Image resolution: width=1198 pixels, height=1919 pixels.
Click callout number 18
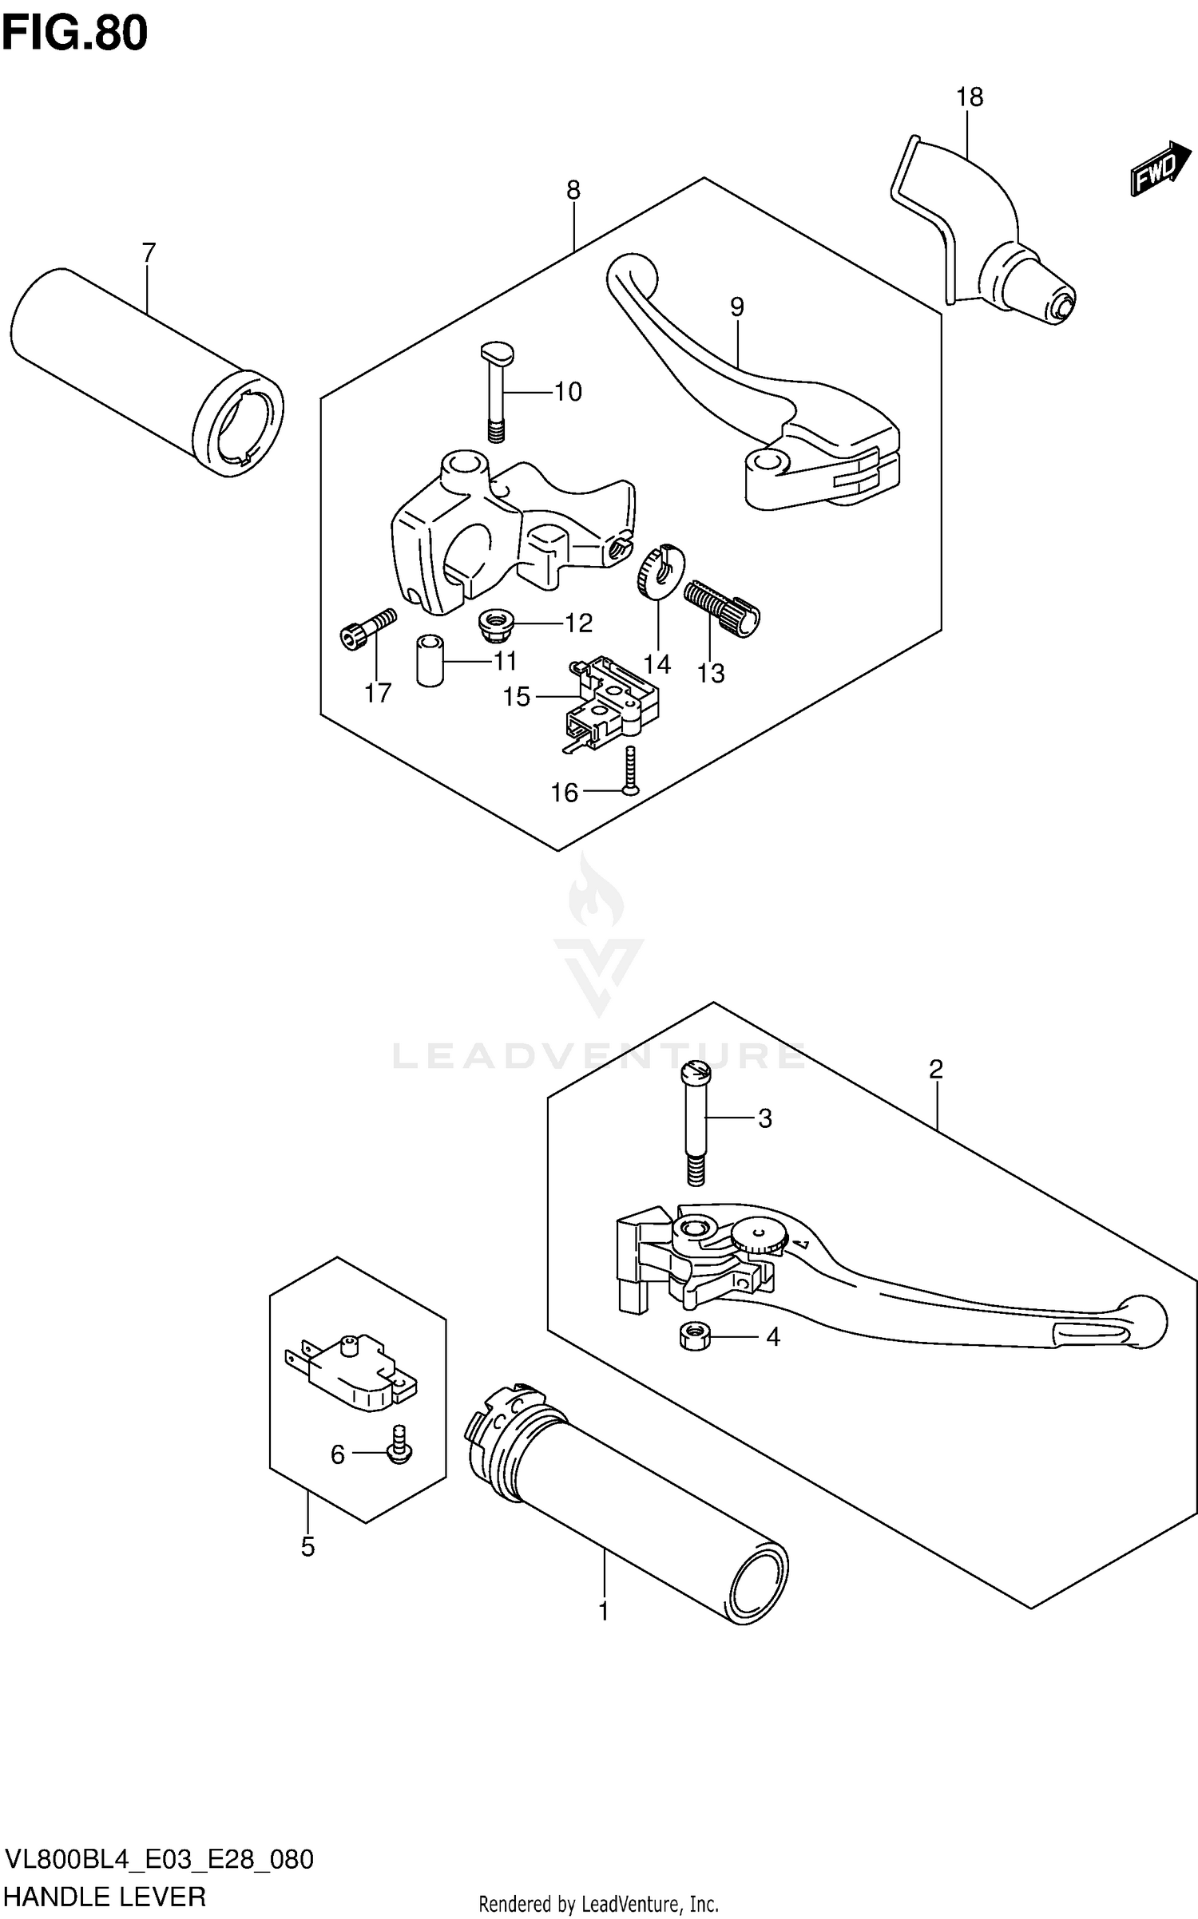970,97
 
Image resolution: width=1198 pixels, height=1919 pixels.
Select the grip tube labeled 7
144,371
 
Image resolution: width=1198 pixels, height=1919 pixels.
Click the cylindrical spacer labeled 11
430,659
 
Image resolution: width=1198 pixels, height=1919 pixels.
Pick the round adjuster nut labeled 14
661,570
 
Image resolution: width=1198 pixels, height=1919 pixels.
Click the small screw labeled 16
630,770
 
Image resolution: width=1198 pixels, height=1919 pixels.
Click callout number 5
308,1546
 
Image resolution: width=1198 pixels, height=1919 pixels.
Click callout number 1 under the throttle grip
604,1610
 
